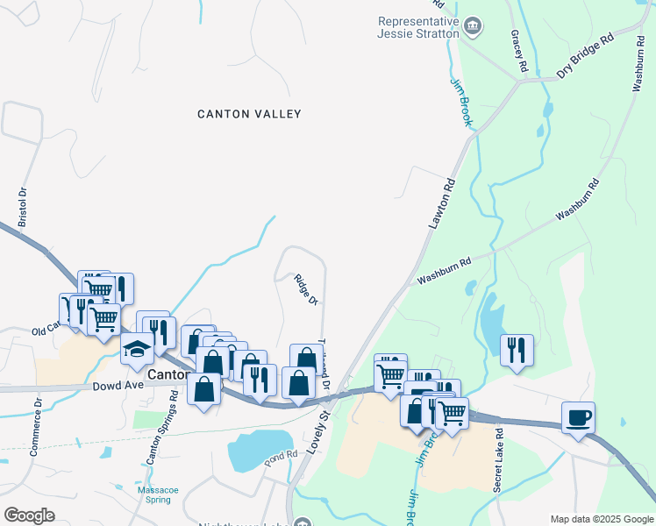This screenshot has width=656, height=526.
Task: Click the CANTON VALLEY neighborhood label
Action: click(249, 114)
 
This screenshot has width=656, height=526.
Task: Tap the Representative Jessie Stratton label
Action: click(417, 27)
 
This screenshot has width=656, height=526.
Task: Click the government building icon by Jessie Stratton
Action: click(474, 26)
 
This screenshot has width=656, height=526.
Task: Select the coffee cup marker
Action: click(579, 417)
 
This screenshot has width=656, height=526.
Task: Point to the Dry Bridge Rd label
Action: click(585, 57)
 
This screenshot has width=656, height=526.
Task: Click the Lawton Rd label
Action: click(444, 204)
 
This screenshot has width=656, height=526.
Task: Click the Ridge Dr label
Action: click(305, 290)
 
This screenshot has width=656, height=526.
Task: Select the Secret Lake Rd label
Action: click(497, 459)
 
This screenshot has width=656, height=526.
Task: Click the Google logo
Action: click(29, 515)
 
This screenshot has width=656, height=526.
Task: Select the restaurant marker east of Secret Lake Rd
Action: click(517, 349)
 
